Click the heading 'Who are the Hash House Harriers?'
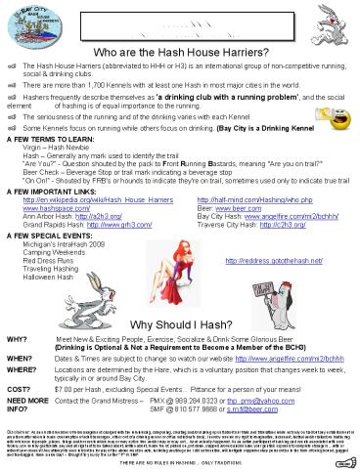point(181,52)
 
